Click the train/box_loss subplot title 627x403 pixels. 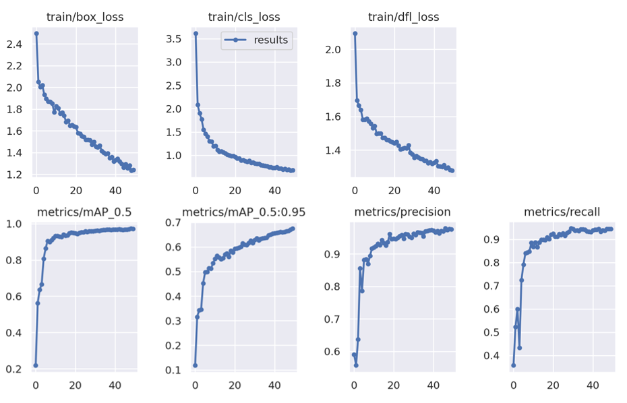(85, 17)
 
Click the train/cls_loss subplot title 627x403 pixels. (245, 17)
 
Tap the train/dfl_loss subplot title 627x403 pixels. (404, 17)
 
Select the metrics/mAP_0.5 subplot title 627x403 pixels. (85, 212)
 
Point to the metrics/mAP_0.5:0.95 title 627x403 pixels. (244, 212)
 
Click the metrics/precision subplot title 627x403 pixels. (403, 212)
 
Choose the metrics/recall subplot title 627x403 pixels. (562, 212)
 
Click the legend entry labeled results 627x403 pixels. (270, 40)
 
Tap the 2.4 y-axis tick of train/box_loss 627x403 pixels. (14, 44)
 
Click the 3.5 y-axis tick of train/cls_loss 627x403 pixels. (174, 38)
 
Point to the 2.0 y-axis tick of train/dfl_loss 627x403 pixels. (333, 50)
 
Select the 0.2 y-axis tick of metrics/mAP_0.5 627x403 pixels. (14, 369)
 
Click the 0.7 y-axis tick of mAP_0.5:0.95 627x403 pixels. (174, 222)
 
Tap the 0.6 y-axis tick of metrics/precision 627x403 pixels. (333, 352)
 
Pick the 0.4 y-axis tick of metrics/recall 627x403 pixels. (492, 356)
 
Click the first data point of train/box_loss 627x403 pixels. (36, 33)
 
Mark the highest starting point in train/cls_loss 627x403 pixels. (196, 33)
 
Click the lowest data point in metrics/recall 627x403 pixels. (513, 365)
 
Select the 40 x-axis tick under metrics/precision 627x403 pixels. (434, 385)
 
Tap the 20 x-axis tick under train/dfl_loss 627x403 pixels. (394, 190)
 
